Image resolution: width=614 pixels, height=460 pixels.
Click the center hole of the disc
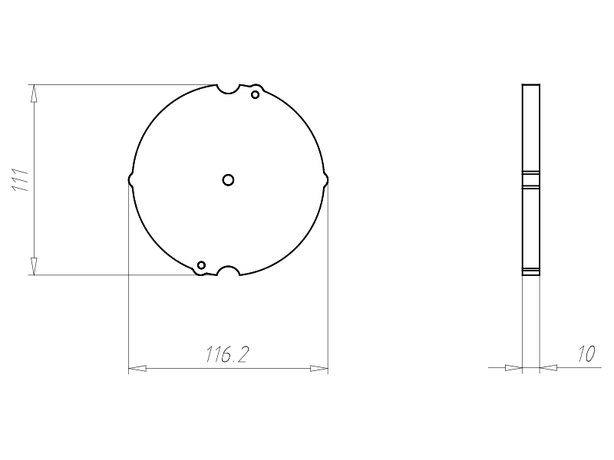click(x=228, y=179)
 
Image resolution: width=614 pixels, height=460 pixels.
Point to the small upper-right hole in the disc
click(x=256, y=94)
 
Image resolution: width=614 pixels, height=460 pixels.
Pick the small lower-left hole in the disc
click(x=201, y=265)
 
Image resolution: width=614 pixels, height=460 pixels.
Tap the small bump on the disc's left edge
click(x=130, y=179)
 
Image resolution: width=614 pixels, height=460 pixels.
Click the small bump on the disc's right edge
click(x=325, y=179)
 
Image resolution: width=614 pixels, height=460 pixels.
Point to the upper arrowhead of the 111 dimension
click(x=33, y=93)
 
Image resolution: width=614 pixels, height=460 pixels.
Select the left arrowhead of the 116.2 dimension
click(x=137, y=369)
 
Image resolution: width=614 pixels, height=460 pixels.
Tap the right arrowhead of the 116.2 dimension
click(x=319, y=369)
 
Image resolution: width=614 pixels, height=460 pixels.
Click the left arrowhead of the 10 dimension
click(x=513, y=369)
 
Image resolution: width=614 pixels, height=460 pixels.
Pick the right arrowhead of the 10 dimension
click(x=548, y=369)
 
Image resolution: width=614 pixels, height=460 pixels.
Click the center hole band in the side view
click(x=531, y=179)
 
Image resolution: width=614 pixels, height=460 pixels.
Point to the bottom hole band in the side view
click(x=531, y=271)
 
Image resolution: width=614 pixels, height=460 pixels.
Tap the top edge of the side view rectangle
click(x=531, y=84)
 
